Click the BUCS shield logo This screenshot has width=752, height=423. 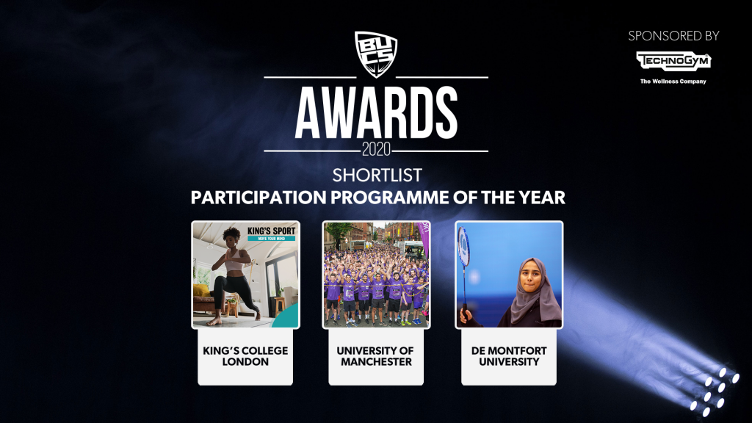tap(376, 54)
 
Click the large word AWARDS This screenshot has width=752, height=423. tap(376, 113)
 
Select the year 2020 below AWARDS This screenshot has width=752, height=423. tap(376, 150)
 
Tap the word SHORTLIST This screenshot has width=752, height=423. tap(377, 176)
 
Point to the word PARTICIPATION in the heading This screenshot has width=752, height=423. tap(258, 198)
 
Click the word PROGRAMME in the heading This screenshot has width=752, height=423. tap(389, 198)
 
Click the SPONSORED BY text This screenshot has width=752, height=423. tap(673, 36)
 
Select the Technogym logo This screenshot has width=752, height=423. tap(673, 61)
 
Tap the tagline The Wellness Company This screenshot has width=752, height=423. tap(673, 82)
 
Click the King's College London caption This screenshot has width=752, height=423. tap(245, 356)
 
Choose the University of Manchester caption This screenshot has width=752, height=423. tap(376, 356)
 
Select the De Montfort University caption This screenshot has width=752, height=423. tap(509, 356)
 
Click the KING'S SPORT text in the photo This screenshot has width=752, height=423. tap(272, 231)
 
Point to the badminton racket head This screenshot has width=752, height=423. tap(463, 247)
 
